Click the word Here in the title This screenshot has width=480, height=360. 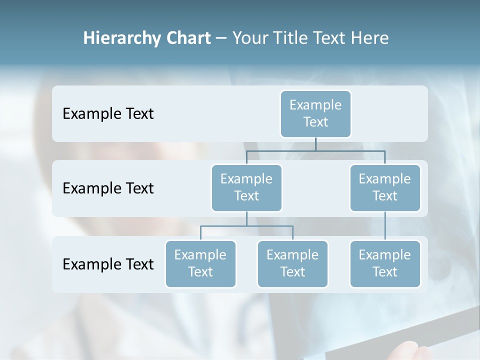click(370, 38)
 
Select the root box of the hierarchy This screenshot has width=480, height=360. click(315, 113)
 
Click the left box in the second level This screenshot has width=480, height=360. click(246, 187)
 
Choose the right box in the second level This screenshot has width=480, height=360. click(385, 187)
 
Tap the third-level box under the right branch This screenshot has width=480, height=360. click(385, 263)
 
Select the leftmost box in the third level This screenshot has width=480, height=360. click(200, 263)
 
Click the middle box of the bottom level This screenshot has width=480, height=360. click(292, 263)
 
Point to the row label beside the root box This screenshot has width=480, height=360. click(108, 114)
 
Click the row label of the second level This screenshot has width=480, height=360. click(108, 188)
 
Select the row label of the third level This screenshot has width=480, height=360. click(108, 264)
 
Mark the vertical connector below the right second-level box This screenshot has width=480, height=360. click(385, 226)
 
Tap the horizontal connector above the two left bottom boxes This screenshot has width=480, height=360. click(246, 226)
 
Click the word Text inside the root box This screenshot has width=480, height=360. click(315, 122)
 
